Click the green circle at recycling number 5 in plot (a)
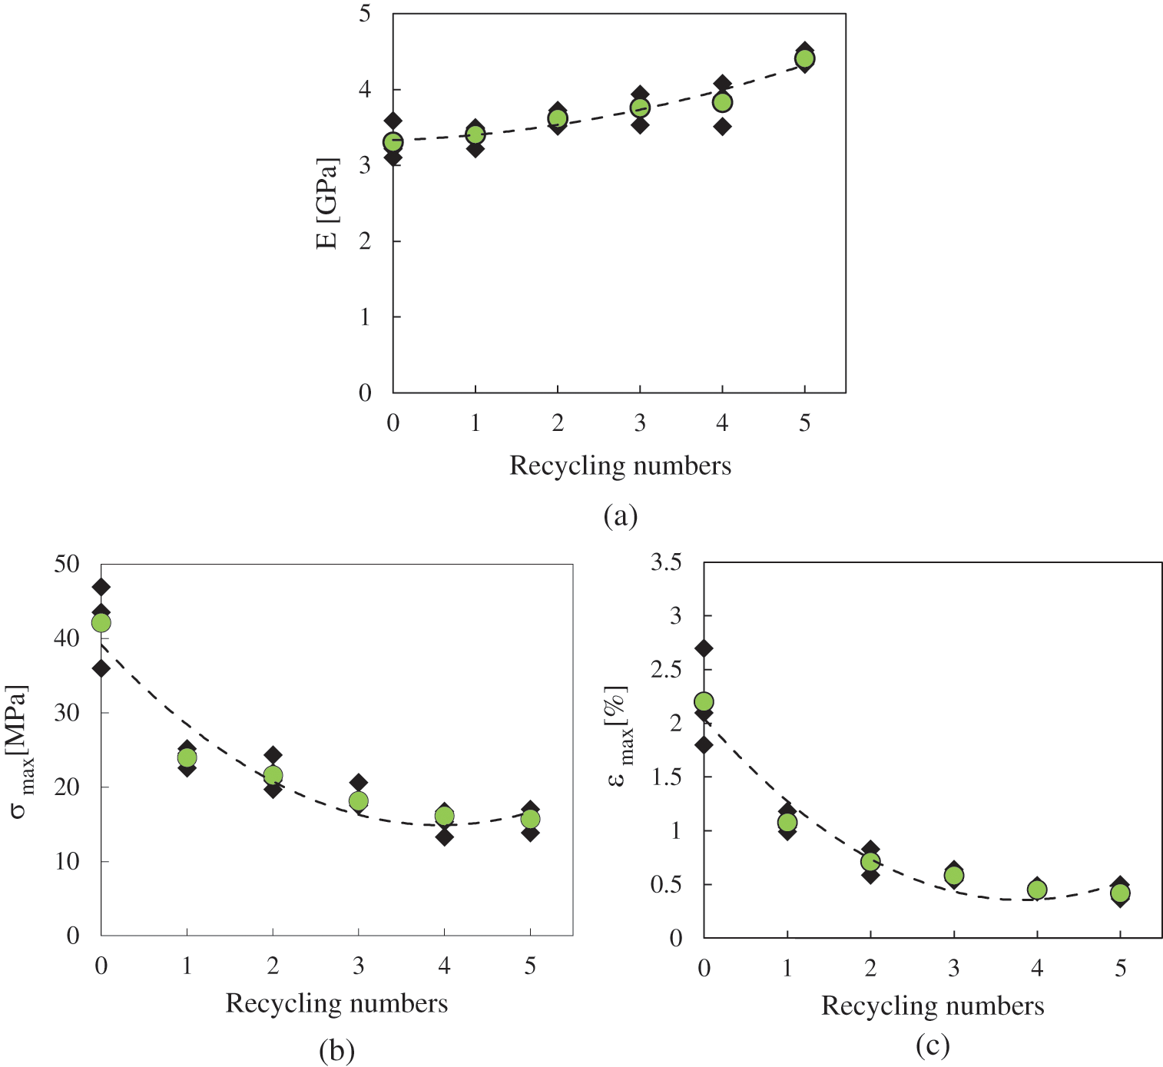point(804,58)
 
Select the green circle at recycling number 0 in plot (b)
point(101,622)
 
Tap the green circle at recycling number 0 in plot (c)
point(704,701)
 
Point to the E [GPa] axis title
point(327,204)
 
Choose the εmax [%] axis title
point(619,736)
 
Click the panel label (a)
point(620,516)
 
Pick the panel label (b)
point(336,1050)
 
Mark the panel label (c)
point(933,1045)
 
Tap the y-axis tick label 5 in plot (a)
point(365,14)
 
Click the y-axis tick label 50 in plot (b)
point(67,564)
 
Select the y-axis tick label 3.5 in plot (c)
point(666,562)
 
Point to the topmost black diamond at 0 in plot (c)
point(704,648)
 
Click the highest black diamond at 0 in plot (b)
point(101,587)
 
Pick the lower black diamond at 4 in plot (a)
point(722,126)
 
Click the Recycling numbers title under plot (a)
point(620,466)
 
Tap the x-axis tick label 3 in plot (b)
point(358,966)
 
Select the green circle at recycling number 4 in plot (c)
point(1037,890)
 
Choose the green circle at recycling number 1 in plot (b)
point(187,757)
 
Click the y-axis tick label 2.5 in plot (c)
point(666,670)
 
